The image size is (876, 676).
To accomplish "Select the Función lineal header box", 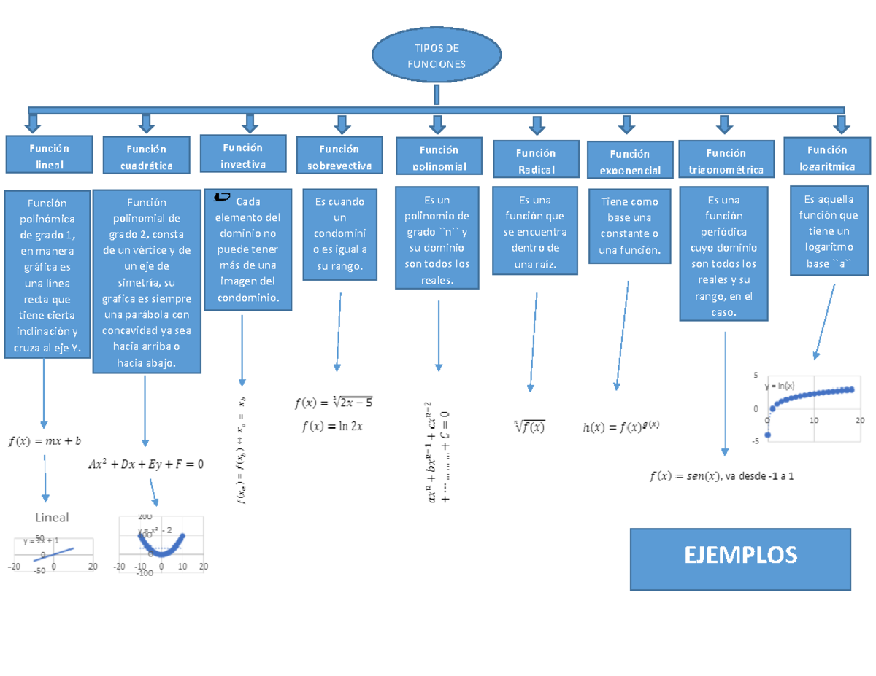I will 49,156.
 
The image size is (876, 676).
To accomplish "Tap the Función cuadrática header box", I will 147,158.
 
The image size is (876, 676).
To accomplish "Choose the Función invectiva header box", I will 243,155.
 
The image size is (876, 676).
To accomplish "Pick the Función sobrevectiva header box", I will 339,158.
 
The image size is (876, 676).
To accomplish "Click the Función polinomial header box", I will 439,158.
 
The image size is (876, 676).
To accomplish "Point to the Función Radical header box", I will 536,161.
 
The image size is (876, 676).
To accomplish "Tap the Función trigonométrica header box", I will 726,161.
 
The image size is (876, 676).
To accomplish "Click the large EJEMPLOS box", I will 740,559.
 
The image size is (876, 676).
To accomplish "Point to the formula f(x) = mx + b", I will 45,440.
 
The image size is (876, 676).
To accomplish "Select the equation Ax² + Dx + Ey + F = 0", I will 146,464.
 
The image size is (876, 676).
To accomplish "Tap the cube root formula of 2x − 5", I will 334,402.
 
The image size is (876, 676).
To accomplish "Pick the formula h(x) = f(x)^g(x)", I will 621,427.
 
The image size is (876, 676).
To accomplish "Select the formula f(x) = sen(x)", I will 683,477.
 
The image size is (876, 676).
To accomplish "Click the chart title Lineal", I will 53,517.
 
